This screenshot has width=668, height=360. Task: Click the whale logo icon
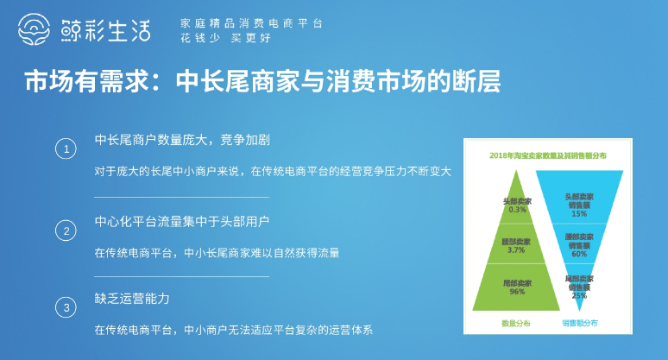pyautogui.click(x=37, y=30)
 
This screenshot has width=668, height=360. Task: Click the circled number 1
pyautogui.click(x=66, y=149)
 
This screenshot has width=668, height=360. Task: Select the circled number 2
pyautogui.click(x=66, y=230)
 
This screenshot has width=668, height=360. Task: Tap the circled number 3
pyautogui.click(x=66, y=307)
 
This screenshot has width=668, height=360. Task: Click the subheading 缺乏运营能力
pyautogui.click(x=132, y=299)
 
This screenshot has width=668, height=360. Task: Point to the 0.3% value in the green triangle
pyautogui.click(x=517, y=210)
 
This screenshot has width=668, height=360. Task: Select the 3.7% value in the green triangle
pyautogui.click(x=517, y=250)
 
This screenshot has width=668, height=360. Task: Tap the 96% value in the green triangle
pyautogui.click(x=517, y=292)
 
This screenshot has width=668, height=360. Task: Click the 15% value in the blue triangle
pyautogui.click(x=579, y=214)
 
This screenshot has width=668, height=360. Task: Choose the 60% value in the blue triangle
pyautogui.click(x=579, y=254)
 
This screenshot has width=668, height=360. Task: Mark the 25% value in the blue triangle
pyautogui.click(x=579, y=295)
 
